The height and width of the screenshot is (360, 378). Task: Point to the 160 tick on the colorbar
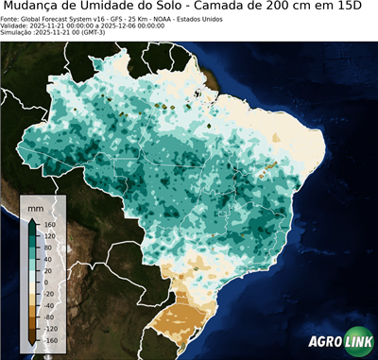(x=47, y=226)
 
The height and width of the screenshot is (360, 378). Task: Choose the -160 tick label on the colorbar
(x=49, y=339)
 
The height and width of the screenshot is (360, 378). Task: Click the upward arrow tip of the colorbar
(x=31, y=218)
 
